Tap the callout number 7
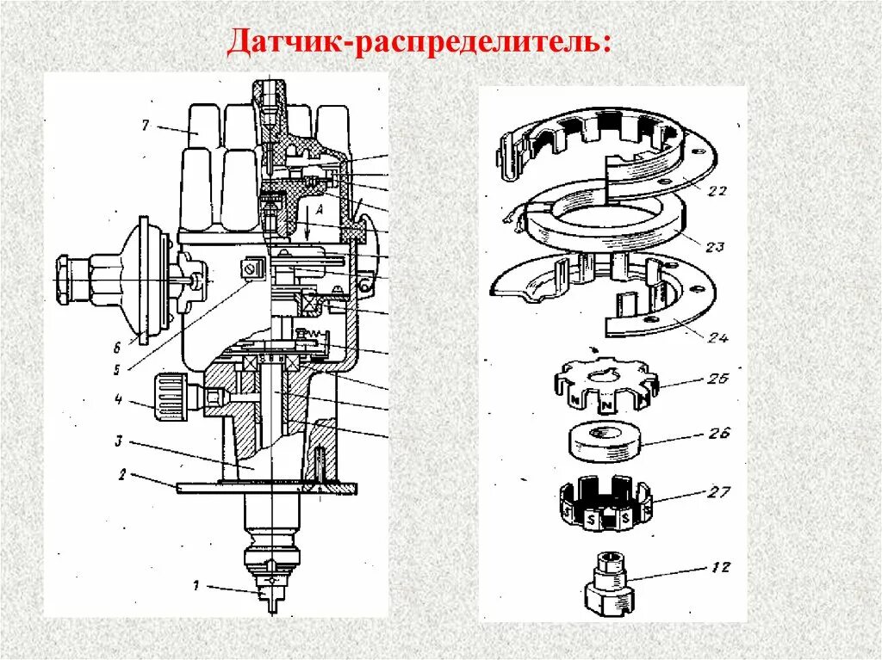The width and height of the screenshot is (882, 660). click(146, 126)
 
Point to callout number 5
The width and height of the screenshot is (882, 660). click(119, 370)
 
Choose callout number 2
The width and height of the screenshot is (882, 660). click(122, 473)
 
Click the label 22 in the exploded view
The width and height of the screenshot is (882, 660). click(716, 190)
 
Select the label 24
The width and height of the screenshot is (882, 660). click(717, 338)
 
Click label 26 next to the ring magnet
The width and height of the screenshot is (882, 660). click(719, 433)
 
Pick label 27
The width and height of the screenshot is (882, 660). click(720, 491)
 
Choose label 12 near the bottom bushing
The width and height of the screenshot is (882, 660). click(720, 567)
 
